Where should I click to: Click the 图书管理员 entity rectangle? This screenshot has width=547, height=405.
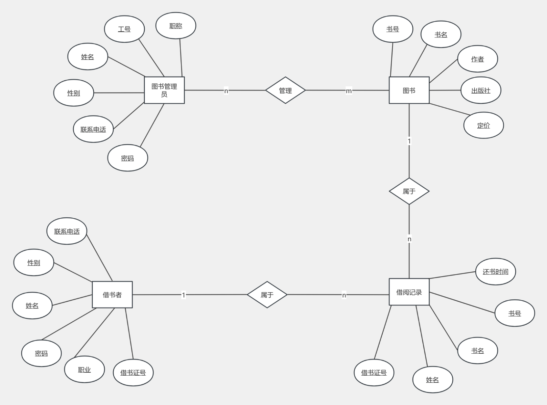pos(164,90)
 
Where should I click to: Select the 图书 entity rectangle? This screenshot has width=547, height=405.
pos(409,90)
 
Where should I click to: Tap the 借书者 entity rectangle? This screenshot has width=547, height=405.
pos(112,295)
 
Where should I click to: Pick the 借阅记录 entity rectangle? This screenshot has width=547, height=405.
pos(409,292)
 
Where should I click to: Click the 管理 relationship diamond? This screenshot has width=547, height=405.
pos(285,90)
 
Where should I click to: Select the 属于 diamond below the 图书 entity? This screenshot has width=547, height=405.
pos(409,191)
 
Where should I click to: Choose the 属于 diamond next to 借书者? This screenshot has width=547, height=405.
pos(267,295)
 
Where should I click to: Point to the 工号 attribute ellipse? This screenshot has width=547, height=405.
pos(124,29)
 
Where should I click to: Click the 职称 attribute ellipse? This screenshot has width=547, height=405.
pos(176,26)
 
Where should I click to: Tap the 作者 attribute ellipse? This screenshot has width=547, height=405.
pos(477,59)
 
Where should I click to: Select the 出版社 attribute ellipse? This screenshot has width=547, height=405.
pos(481,90)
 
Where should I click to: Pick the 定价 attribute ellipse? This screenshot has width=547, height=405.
pos(483,125)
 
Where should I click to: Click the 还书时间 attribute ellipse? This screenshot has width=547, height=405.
pos(495,271)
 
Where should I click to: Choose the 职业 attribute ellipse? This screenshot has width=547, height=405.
pos(84,370)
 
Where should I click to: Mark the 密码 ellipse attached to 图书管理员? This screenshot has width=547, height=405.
pos(127,158)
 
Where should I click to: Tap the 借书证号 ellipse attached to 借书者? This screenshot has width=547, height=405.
pos(133,373)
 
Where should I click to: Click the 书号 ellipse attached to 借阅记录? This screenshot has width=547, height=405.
pos(515,313)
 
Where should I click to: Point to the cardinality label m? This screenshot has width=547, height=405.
pos(349,90)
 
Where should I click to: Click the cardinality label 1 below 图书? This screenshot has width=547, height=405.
pos(409,141)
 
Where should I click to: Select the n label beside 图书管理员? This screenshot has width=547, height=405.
pos(226,90)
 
